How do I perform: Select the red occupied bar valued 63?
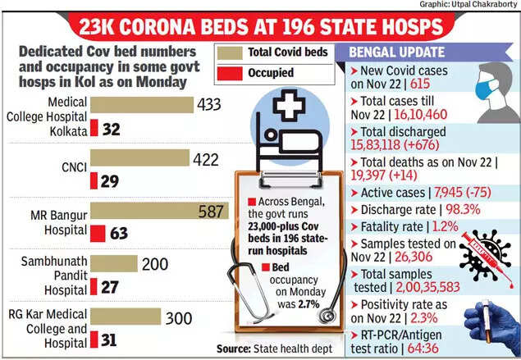point(95,234)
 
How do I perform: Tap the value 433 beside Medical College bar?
point(208,106)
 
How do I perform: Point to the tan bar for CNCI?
point(139,158)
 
